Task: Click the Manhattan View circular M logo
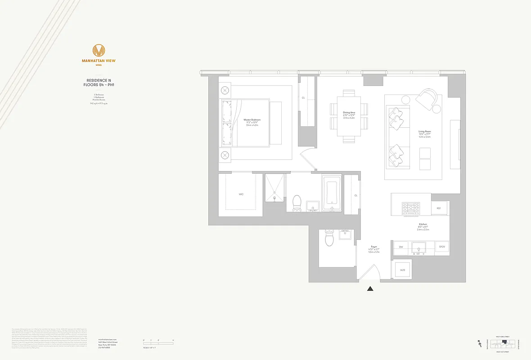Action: tap(99, 50)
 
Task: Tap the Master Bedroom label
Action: tap(252, 120)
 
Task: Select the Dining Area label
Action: tap(349, 112)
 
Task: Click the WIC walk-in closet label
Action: tap(241, 195)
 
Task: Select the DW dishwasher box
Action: tap(401, 247)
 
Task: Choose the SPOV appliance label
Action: tap(442, 247)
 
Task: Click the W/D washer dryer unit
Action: tap(403, 270)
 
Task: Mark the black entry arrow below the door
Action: tap(370, 289)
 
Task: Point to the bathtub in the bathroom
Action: tap(332, 194)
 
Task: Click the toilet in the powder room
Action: tap(329, 239)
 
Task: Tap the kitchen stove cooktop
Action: tap(410, 208)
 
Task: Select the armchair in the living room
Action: tap(428, 100)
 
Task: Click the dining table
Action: tap(349, 116)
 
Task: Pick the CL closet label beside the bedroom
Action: tap(303, 98)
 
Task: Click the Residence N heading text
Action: tap(99, 81)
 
